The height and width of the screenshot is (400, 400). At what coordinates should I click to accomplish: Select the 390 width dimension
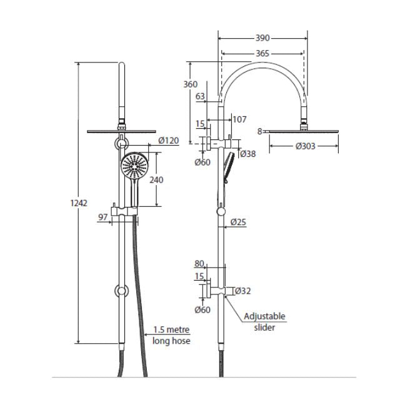262,37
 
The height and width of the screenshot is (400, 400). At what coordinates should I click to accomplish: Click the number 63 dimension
201,96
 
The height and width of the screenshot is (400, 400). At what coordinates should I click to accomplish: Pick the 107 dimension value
239,119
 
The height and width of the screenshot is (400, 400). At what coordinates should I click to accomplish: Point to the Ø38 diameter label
249,153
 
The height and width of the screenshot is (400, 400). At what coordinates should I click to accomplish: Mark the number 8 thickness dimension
260,131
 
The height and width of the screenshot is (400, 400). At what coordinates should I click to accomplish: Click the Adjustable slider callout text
264,321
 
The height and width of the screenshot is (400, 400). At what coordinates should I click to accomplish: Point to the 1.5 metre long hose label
171,335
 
